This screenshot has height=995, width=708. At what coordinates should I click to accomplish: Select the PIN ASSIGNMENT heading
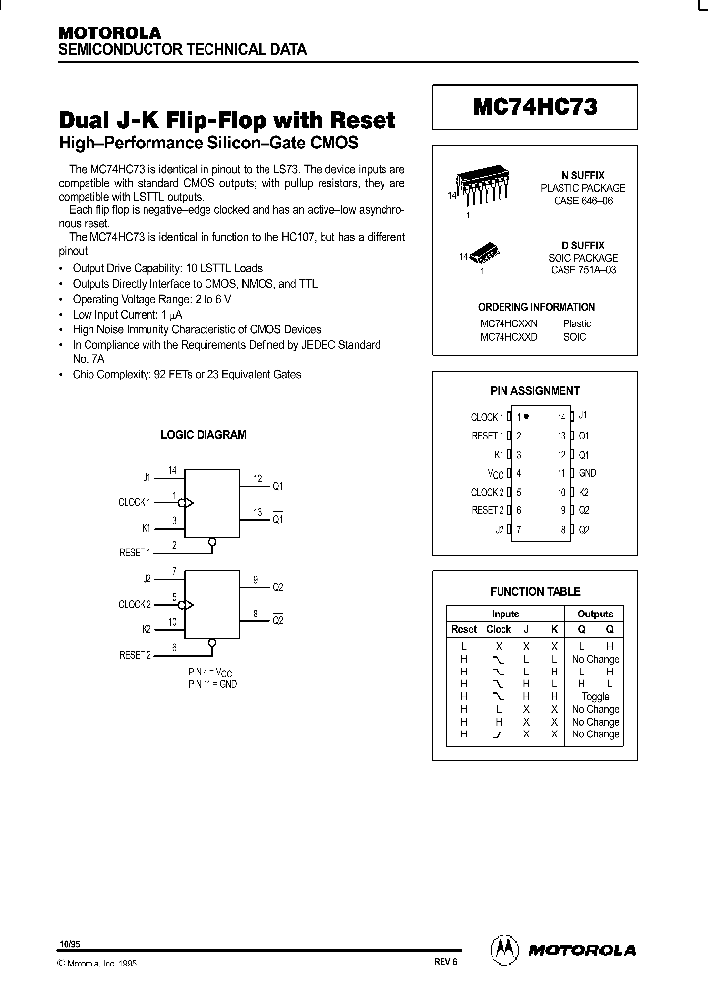pyautogui.click(x=535, y=390)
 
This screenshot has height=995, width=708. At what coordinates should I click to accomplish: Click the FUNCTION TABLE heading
pyautogui.click(x=535, y=591)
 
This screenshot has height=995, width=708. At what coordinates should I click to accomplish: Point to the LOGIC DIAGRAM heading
pyautogui.click(x=204, y=434)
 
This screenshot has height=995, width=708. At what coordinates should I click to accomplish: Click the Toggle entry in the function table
pyautogui.click(x=595, y=696)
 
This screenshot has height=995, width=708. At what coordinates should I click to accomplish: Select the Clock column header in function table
pyautogui.click(x=499, y=629)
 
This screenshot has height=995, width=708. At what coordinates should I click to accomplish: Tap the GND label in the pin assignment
pyautogui.click(x=587, y=473)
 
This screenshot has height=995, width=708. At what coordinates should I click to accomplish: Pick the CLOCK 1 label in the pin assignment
pyautogui.click(x=488, y=417)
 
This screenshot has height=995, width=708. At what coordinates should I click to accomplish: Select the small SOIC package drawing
pyautogui.click(x=486, y=254)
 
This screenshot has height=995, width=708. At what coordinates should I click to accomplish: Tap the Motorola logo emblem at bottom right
pyautogui.click(x=503, y=949)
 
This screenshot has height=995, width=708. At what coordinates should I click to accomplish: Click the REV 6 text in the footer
pyautogui.click(x=445, y=964)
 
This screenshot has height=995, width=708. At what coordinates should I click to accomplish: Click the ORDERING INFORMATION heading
pyautogui.click(x=535, y=307)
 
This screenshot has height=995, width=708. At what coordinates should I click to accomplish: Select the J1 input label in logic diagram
pyautogui.click(x=147, y=477)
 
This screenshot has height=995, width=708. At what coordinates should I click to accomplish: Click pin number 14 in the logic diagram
pyautogui.click(x=173, y=471)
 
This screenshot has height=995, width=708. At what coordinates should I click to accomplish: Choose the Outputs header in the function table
pyautogui.click(x=595, y=614)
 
